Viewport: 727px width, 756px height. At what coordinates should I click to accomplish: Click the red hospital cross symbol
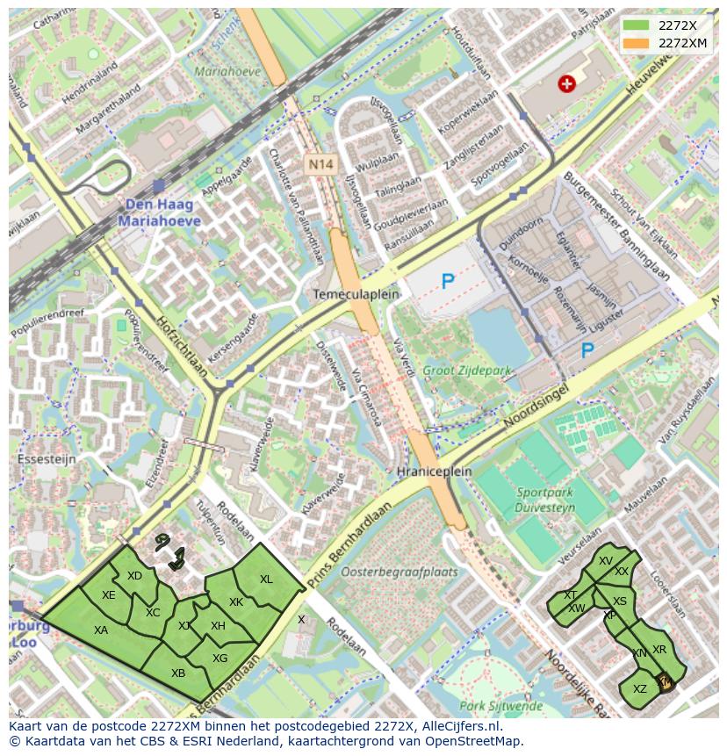point(567,83)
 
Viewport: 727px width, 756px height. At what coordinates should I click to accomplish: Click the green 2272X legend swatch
point(637,25)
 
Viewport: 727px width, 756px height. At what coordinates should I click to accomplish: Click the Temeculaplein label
point(356,294)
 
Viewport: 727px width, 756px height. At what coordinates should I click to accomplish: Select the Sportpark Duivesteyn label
point(546,500)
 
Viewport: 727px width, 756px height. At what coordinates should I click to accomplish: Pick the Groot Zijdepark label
point(466,371)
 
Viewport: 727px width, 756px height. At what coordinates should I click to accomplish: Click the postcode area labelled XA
point(101,630)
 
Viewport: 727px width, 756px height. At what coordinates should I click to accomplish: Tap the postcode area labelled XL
point(266,580)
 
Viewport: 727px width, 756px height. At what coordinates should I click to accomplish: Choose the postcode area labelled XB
point(178,673)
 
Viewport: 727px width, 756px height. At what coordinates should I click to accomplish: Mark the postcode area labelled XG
point(220,658)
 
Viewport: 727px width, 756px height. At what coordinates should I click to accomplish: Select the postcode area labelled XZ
point(640,689)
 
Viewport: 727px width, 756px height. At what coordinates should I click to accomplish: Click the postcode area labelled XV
point(605,561)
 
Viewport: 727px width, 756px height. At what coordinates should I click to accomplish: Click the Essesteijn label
point(47,458)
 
